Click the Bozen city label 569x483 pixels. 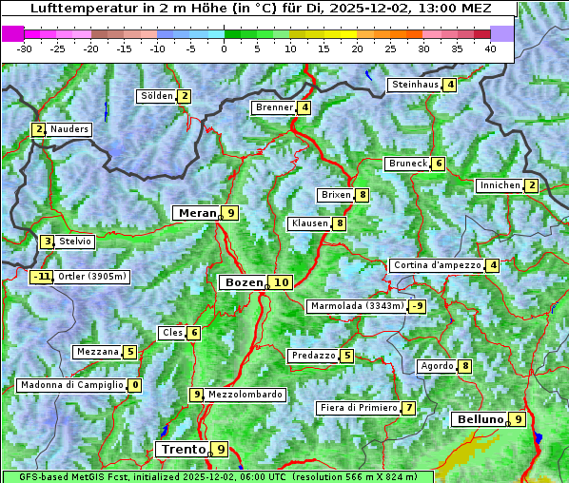coord(242,282)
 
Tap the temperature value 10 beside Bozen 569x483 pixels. coord(281,282)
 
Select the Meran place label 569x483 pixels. coord(198,213)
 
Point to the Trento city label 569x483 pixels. coord(183,449)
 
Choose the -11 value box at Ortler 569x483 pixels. coord(41,278)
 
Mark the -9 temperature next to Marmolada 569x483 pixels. coord(417,306)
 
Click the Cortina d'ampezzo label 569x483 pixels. coord(436,265)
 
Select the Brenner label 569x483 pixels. coord(274,107)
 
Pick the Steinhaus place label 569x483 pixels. coord(415,85)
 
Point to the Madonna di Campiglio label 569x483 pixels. coord(71,385)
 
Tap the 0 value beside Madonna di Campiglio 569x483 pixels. coord(135,385)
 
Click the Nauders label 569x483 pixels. coord(69,129)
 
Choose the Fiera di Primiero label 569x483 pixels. coord(358,408)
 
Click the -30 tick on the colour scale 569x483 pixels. coord(25,48)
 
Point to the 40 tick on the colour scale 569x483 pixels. coord(490,48)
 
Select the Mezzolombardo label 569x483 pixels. coord(245,395)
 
